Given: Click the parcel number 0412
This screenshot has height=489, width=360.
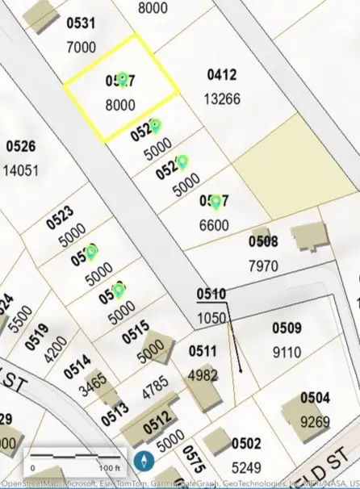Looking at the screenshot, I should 222,75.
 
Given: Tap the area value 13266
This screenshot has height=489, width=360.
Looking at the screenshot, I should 223,99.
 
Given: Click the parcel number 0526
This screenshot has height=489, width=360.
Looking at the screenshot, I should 21,147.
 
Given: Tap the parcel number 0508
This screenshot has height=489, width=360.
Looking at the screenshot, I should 263,241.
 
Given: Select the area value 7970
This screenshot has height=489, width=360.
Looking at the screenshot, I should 263,265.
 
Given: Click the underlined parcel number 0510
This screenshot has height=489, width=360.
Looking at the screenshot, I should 211,295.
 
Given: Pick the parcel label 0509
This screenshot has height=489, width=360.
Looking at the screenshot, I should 287,328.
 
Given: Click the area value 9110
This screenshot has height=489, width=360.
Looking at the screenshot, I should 287,352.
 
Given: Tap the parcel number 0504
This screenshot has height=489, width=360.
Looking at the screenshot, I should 316,398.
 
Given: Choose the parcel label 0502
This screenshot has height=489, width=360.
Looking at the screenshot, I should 245,443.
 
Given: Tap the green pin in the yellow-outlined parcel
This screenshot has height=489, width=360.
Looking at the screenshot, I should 123,78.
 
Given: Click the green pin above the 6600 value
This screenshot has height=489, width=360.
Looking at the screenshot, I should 216,201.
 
